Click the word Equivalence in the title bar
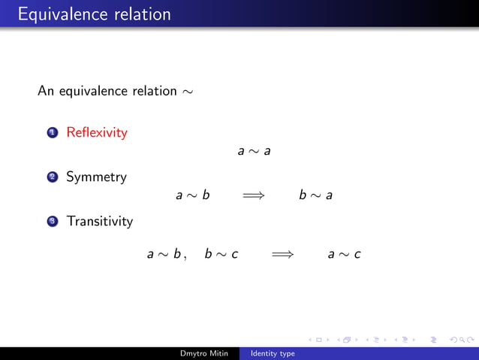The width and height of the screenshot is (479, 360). pyautogui.click(x=57, y=14)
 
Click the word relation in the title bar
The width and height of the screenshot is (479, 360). pyautogui.click(x=143, y=14)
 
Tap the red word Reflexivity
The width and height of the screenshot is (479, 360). pyautogui.click(x=97, y=133)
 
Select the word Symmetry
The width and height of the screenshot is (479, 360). pyautogui.click(x=96, y=177)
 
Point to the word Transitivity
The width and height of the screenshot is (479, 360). pyautogui.click(x=99, y=222)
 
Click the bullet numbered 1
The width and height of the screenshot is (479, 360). pyautogui.click(x=52, y=134)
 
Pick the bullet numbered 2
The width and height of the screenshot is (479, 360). pyautogui.click(x=52, y=178)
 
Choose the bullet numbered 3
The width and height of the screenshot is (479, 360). pyautogui.click(x=52, y=222)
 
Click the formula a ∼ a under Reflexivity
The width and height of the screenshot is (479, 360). pyautogui.click(x=254, y=152)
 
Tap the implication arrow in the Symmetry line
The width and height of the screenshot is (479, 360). pyautogui.click(x=254, y=195)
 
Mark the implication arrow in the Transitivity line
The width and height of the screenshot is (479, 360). pyautogui.click(x=282, y=254)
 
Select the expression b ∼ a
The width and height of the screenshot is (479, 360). pyautogui.click(x=315, y=195)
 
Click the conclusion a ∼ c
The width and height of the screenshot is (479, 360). pyautogui.click(x=344, y=254)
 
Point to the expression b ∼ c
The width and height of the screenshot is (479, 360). pyautogui.click(x=221, y=254)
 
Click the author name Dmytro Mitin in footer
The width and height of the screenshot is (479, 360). pyautogui.click(x=204, y=353)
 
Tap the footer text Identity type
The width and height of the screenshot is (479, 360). pyautogui.click(x=273, y=353)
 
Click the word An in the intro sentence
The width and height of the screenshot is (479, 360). pyautogui.click(x=46, y=92)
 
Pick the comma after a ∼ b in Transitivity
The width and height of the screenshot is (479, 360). pyautogui.click(x=185, y=258)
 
